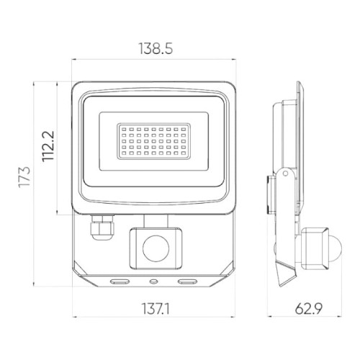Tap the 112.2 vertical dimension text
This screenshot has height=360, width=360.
pos(49,148)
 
